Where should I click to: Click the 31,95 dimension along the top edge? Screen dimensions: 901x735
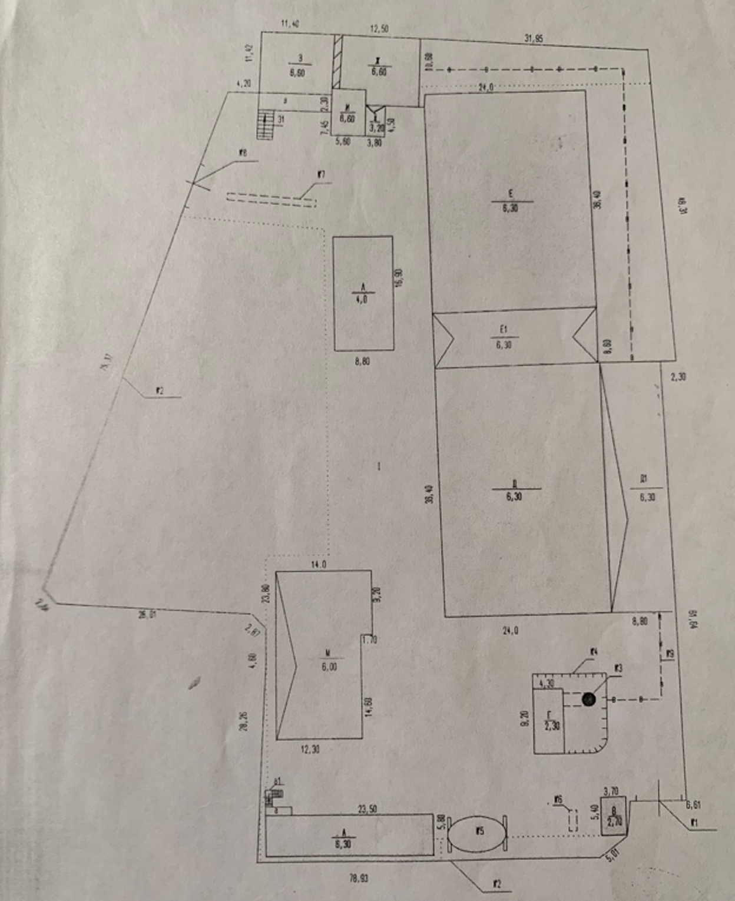(533, 39)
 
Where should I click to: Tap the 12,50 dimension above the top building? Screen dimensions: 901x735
(379, 29)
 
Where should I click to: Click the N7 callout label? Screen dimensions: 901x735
(321, 174)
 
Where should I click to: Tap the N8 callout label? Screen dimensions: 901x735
(243, 153)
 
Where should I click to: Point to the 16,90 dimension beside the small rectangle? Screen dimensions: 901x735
(399, 278)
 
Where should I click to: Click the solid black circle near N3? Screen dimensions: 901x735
(588, 699)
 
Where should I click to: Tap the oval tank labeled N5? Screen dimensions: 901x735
(477, 833)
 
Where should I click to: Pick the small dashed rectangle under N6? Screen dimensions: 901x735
(572, 820)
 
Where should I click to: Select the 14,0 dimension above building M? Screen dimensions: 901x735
(319, 565)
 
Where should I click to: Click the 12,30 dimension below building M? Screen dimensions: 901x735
(310, 749)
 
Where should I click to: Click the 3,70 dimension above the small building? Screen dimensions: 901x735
(611, 792)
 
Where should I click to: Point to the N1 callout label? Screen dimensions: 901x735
(694, 823)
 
